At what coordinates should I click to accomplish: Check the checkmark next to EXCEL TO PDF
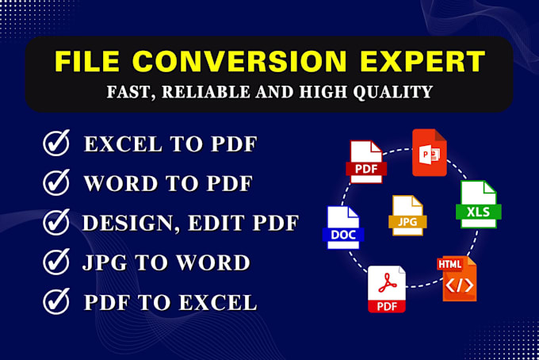tap(56, 144)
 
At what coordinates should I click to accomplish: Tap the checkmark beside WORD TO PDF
tap(56, 183)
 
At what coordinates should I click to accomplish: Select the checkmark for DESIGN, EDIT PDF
tap(56, 223)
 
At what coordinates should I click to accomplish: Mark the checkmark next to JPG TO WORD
tap(56, 262)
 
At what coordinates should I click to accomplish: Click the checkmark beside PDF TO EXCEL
tap(56, 301)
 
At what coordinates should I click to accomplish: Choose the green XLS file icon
tap(476, 205)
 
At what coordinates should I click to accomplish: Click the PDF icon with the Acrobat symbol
tap(387, 289)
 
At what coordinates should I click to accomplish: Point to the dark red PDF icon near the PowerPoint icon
tap(366, 162)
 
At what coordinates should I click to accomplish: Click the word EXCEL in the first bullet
tap(124, 144)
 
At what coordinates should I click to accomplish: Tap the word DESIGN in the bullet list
tap(128, 223)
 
